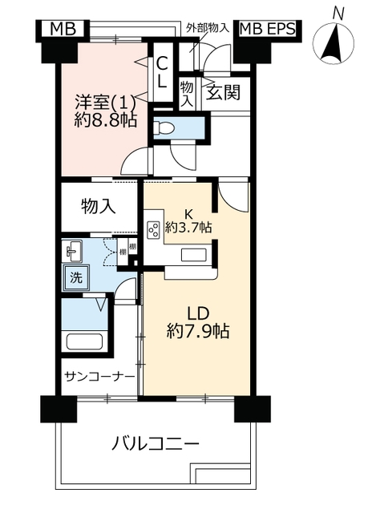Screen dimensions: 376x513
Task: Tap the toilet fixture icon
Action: click(x=164, y=127)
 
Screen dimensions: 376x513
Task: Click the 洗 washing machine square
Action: click(x=75, y=277)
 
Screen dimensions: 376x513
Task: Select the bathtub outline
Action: click(x=85, y=341)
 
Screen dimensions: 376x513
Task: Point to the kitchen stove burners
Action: click(x=153, y=229)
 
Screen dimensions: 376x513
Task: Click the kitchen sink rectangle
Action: click(x=193, y=255)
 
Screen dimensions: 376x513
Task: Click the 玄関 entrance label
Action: click(x=223, y=93)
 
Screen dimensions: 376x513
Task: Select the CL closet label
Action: click(x=161, y=72)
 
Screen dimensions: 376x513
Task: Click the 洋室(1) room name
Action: click(x=105, y=103)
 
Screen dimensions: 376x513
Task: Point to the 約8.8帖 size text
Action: click(x=105, y=121)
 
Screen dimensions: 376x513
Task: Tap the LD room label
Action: click(x=198, y=314)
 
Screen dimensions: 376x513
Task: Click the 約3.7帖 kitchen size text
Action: click(x=188, y=227)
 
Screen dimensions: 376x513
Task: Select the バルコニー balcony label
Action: click(x=156, y=444)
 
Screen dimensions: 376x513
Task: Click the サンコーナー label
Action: click(x=99, y=377)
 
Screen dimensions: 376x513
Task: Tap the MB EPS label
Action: click(x=267, y=29)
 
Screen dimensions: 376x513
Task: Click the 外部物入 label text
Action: click(x=207, y=28)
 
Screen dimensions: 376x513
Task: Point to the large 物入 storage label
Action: click(x=98, y=207)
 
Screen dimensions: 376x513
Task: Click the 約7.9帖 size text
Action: click(x=198, y=331)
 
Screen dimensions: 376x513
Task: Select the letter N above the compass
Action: click(x=338, y=14)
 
